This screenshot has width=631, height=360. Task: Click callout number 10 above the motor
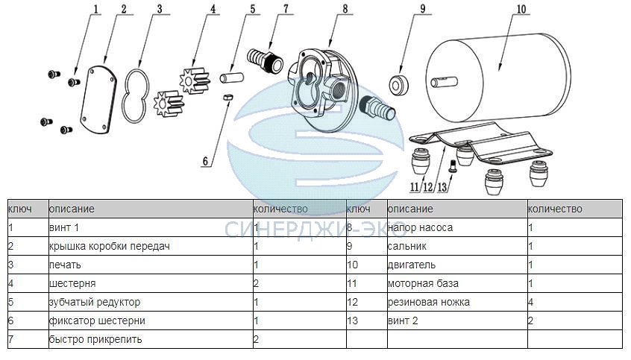click(521, 9)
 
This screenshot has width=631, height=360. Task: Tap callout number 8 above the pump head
click(345, 9)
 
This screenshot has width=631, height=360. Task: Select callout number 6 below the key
click(205, 161)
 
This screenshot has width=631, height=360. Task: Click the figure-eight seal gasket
click(136, 96)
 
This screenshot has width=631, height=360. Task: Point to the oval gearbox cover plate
click(98, 100)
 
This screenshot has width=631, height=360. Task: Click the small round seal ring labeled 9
click(399, 84)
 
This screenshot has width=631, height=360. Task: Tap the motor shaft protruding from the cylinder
click(445, 82)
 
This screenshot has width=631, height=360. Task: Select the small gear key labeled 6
click(228, 97)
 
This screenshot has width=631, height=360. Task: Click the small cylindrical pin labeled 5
click(232, 77)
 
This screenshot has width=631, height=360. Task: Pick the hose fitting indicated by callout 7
click(264, 60)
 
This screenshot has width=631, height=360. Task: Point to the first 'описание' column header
click(72, 209)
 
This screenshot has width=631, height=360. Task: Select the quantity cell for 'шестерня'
click(299, 283)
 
